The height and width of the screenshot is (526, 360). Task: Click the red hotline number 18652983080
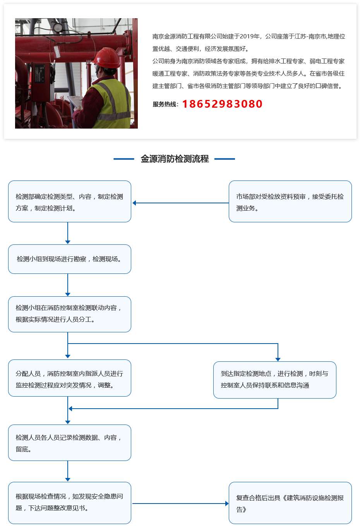point(222,104)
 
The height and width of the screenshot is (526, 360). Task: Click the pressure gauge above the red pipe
point(58,27)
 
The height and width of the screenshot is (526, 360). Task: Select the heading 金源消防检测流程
point(175,159)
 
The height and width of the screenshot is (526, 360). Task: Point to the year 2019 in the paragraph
point(247,36)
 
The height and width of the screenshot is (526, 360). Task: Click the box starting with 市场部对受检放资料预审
point(290,201)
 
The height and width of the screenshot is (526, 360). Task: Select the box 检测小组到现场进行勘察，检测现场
point(69,259)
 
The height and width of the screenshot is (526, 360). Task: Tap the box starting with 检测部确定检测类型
point(69,201)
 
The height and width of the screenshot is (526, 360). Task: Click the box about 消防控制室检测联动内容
point(69,314)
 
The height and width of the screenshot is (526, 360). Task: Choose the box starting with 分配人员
point(69,378)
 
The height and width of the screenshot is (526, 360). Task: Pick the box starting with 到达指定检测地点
point(274,380)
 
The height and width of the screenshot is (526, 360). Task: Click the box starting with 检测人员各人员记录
point(69,443)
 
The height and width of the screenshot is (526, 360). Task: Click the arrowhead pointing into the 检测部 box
point(134,203)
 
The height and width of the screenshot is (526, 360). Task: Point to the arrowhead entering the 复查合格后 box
point(227,504)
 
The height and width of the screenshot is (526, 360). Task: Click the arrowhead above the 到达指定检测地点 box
point(278,359)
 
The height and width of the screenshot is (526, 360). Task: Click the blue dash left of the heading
point(123,159)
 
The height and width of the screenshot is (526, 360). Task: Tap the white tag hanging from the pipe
point(57,52)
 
